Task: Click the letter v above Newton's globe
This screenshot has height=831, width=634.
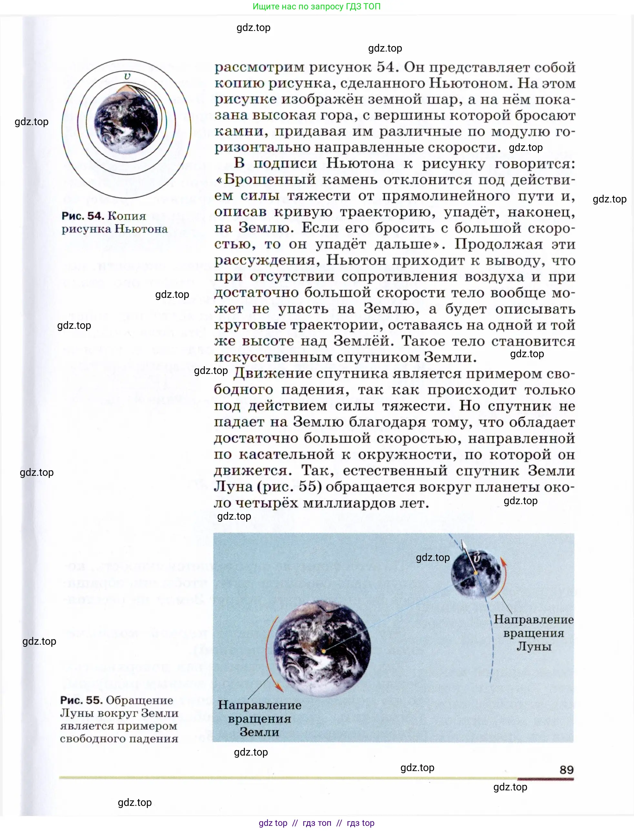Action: tap(127, 76)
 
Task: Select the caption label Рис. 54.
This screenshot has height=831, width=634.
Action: tap(83, 216)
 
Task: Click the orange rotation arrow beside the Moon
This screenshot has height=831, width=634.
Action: tap(500, 579)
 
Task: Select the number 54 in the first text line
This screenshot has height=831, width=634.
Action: tap(385, 67)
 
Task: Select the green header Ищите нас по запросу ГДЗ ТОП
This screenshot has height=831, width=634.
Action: tap(317, 6)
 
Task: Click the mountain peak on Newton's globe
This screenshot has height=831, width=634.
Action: tap(123, 88)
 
